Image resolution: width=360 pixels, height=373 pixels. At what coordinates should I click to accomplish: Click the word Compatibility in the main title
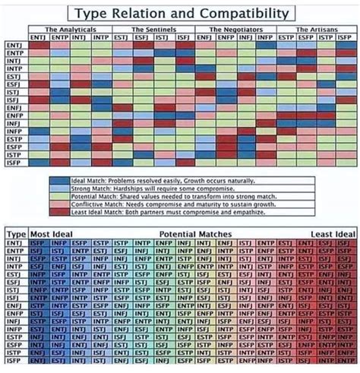tap(244, 13)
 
